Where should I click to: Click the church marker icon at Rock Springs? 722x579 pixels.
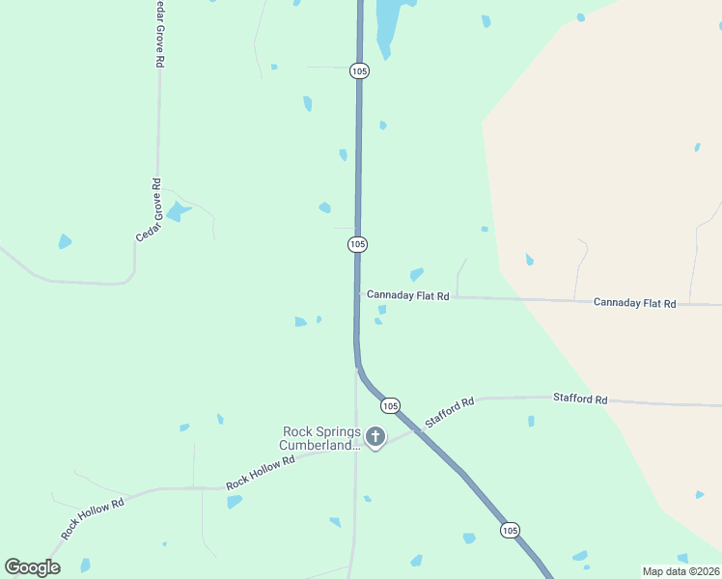375,438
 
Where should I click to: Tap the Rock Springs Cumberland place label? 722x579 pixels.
320,438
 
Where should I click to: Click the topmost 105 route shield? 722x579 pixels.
360,71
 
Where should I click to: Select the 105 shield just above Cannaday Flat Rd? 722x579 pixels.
358,245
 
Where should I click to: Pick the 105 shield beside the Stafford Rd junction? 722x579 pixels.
390,405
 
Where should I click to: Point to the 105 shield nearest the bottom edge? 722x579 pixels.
510,530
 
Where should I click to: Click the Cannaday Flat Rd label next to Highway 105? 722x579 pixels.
407,295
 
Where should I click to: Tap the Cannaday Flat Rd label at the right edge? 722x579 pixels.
634,303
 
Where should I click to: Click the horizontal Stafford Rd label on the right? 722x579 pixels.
580,399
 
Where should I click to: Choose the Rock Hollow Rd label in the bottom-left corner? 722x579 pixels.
93,519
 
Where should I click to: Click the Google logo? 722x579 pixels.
32,567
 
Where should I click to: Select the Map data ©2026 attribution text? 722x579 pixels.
680,571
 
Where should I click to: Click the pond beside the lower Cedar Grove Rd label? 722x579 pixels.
177,212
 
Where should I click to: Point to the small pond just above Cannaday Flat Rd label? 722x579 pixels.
417,275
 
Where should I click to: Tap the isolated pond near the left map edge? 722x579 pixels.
65,241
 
